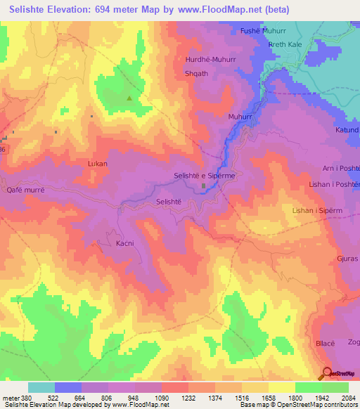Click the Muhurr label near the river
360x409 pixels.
pos(240,117)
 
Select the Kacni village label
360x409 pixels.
pos(124,244)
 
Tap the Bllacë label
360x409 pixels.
pos(324,345)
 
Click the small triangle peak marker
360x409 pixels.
pos(129,98)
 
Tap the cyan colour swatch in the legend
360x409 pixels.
pos(41,387)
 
